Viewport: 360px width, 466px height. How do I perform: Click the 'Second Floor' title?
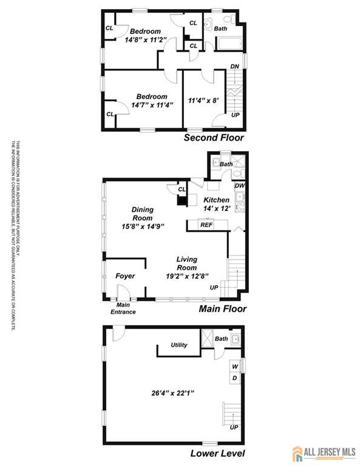[214, 138]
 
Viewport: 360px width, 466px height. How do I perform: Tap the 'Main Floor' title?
[223, 309]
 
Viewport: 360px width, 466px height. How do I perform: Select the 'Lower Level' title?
[217, 453]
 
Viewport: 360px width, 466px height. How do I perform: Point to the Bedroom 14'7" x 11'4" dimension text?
[152, 104]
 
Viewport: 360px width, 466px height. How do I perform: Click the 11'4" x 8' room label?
[203, 101]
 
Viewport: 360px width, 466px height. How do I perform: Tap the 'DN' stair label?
[234, 67]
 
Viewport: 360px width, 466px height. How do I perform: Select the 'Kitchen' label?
[216, 200]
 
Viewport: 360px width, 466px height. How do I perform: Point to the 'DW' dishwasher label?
[239, 186]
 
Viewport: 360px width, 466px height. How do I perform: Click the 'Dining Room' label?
[143, 214]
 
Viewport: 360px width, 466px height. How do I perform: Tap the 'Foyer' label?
[125, 276]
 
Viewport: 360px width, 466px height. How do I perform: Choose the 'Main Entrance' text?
[123, 308]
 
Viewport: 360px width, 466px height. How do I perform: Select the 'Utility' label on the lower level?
[179, 345]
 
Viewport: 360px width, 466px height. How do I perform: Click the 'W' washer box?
[234, 366]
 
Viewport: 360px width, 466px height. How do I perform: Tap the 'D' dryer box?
[234, 379]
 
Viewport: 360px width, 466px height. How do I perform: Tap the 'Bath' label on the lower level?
[221, 339]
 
